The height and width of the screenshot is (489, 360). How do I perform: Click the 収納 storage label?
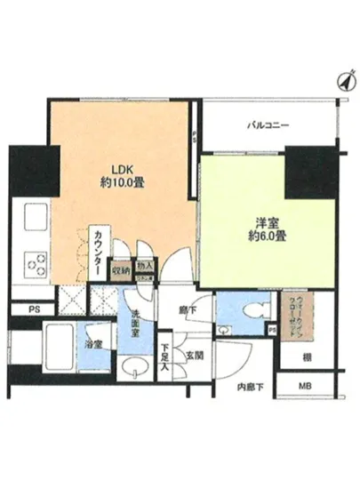pyautogui.click(x=121, y=269)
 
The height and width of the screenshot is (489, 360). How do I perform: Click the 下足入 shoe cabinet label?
pyautogui.click(x=164, y=354)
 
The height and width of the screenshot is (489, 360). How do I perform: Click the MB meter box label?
pyautogui.click(x=306, y=386)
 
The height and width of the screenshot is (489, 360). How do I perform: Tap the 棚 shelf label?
pyautogui.click(x=305, y=357)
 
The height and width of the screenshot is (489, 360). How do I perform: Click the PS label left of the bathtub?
pyautogui.click(x=33, y=310)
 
